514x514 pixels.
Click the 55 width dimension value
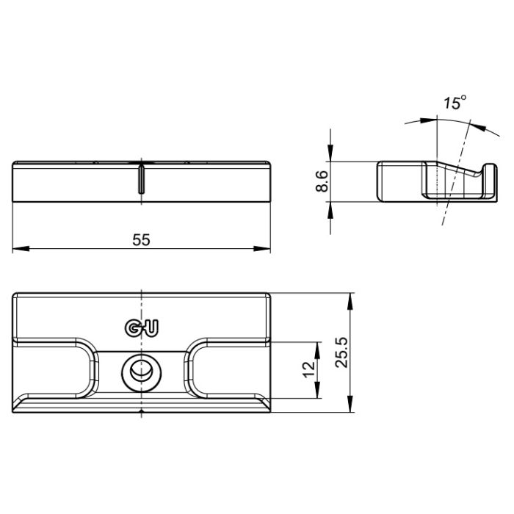(x=142, y=239)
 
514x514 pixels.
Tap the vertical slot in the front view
(x=140, y=178)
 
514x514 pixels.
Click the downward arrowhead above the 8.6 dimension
(x=331, y=155)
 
